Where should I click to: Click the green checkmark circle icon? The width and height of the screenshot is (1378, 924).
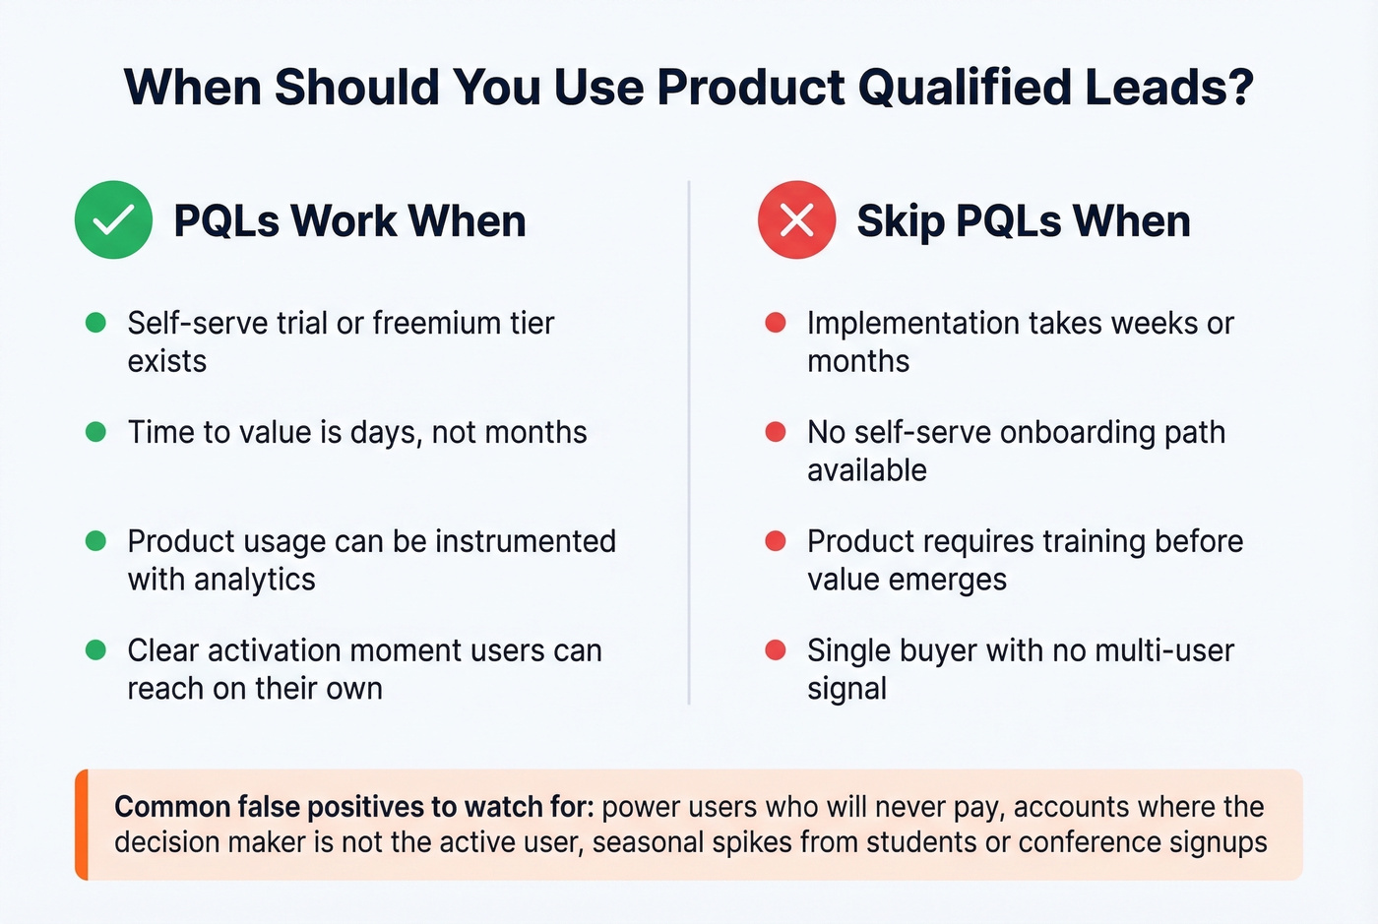(113, 219)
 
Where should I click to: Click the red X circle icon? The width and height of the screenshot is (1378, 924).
(796, 219)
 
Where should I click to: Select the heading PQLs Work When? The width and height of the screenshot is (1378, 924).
(349, 220)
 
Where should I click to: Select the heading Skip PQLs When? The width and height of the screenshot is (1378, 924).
(1023, 220)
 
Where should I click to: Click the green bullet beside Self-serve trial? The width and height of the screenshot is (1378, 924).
(95, 323)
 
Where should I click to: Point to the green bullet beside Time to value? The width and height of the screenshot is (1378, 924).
(95, 432)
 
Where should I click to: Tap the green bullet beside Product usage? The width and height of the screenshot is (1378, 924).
(95, 541)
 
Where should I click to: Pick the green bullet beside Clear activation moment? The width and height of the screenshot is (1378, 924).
(95, 650)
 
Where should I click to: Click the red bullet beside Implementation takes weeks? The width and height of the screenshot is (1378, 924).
(776, 323)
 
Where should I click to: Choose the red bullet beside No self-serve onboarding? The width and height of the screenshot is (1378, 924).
(776, 432)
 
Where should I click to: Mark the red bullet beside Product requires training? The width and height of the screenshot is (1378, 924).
(776, 541)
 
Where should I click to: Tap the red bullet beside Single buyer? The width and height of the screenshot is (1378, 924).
(776, 650)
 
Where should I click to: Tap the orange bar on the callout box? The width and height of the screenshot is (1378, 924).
(82, 825)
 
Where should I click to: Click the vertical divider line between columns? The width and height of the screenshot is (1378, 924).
(689, 443)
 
